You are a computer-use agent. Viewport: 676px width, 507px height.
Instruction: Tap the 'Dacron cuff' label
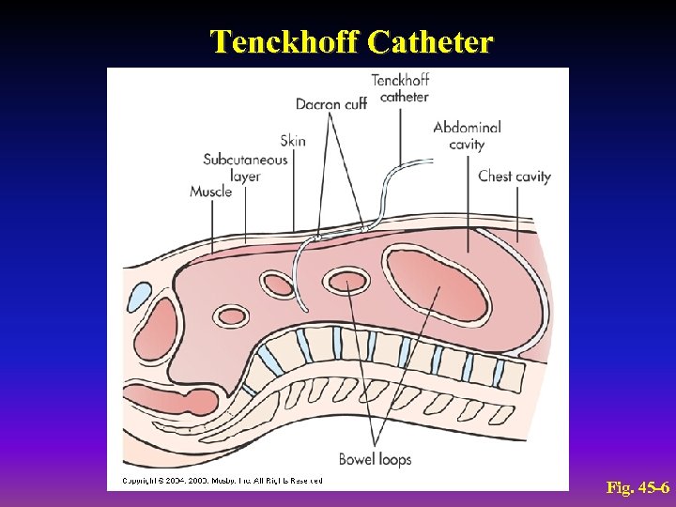(330, 103)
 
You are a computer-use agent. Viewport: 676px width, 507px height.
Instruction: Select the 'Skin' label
(293, 141)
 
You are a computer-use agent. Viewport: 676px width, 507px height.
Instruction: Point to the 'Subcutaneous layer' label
(245, 167)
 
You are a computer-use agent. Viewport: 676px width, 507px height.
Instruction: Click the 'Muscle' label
(210, 192)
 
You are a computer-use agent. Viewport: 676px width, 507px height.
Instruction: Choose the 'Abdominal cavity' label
(467, 135)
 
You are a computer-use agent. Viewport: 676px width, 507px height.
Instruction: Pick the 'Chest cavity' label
(514, 176)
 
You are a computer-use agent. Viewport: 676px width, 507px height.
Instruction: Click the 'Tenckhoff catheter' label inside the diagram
(400, 88)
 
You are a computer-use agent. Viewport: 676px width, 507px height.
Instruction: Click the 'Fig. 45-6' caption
(638, 488)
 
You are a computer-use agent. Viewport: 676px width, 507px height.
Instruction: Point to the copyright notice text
(222, 481)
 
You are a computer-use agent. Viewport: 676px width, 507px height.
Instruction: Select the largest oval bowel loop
(438, 285)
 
